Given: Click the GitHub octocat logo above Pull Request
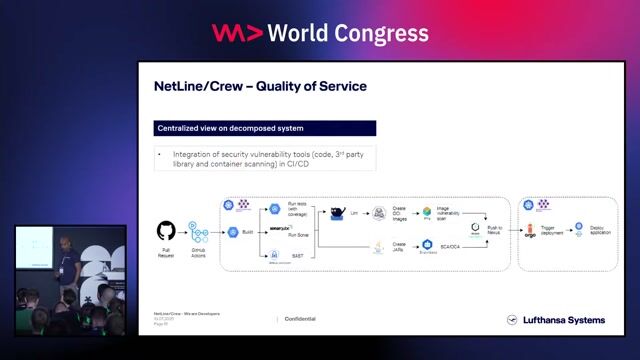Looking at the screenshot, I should [166, 230].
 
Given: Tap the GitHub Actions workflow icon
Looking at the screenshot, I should [198, 232].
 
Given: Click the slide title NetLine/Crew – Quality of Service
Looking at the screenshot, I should [260, 86].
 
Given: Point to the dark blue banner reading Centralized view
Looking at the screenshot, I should [266, 128].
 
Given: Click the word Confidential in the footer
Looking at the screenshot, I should [300, 319].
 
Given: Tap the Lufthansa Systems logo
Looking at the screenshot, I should [564, 320].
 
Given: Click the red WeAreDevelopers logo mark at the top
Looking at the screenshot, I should [237, 33].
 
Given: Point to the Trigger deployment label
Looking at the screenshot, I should [557, 232].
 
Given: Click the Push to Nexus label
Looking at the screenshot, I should [495, 230].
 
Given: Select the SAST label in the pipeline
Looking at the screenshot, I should [297, 254].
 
